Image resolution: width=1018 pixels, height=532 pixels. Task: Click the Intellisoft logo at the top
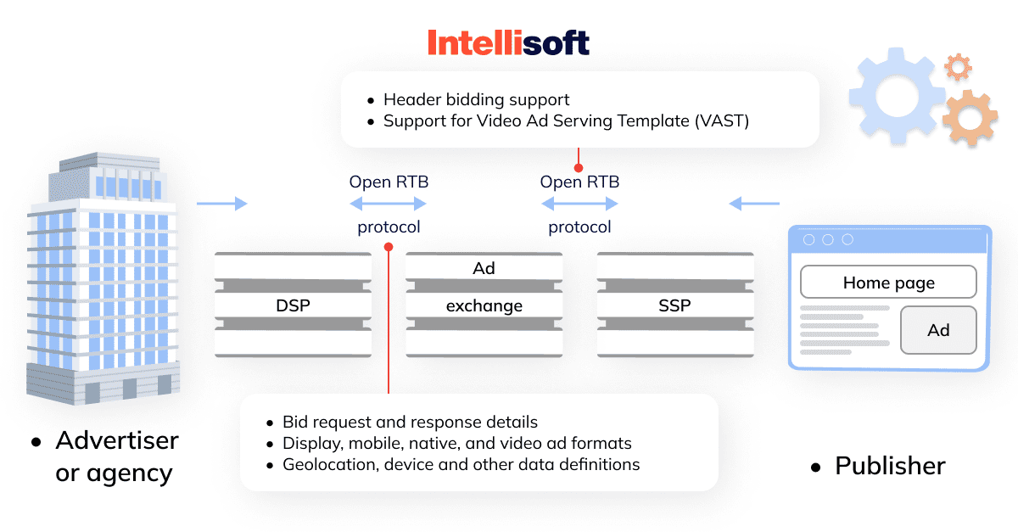(508, 42)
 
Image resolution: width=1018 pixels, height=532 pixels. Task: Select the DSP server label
(294, 305)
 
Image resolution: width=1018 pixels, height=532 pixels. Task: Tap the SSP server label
(675, 305)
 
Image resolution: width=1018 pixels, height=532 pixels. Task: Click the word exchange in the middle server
(484, 306)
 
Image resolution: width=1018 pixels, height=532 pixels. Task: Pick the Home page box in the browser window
(888, 282)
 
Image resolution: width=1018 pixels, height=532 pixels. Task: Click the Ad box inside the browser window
(938, 330)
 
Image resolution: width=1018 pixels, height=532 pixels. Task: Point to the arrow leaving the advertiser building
(222, 204)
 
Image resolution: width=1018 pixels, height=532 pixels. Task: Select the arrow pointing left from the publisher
(754, 204)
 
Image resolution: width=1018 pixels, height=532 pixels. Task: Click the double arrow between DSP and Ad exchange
(389, 204)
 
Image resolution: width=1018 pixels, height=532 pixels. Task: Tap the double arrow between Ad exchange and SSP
(579, 204)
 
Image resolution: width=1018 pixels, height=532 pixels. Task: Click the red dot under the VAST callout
(579, 168)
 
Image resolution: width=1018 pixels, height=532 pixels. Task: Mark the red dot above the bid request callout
(389, 247)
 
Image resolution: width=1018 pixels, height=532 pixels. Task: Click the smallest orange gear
(959, 67)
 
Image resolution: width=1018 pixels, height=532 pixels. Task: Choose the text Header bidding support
(476, 99)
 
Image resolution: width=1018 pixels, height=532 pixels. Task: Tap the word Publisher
(890, 466)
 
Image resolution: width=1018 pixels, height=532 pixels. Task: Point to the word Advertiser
(117, 440)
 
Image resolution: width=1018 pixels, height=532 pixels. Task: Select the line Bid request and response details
(410, 422)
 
